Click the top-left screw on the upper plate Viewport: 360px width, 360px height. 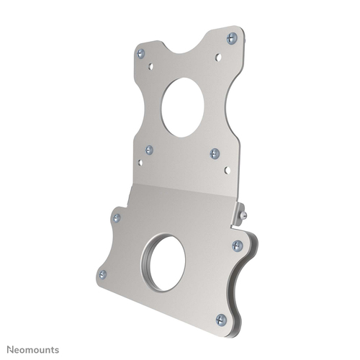click(141, 53)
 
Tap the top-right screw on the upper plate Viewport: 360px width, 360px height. click(231, 38)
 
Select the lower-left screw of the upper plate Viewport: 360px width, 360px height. click(149, 150)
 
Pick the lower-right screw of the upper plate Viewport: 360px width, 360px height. click(215, 153)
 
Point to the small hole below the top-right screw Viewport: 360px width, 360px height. click(219, 56)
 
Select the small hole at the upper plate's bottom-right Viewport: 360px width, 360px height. click(228, 170)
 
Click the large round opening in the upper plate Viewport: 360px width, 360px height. click(183, 107)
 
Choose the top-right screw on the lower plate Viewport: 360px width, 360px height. click(237, 246)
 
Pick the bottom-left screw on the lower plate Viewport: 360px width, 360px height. click(102, 274)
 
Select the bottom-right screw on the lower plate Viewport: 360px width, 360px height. click(221, 318)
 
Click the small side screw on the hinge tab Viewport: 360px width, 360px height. click(243, 213)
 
